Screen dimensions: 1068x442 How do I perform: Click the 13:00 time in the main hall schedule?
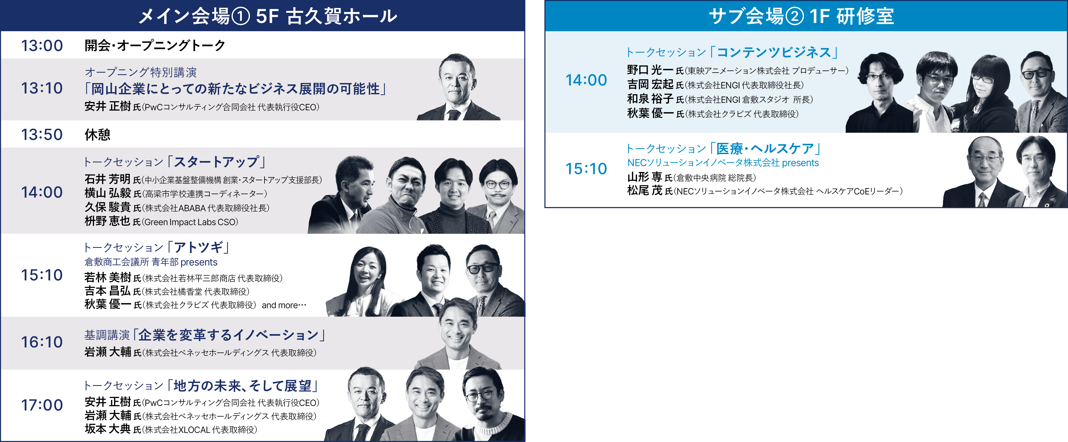42,45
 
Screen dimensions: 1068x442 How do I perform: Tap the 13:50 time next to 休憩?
42,134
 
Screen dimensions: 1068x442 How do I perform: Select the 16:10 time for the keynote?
42,342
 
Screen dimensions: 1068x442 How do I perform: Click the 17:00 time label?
42,405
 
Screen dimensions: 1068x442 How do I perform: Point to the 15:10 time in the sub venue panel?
586,169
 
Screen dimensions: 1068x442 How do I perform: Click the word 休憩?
97,134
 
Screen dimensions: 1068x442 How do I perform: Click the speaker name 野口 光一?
650,70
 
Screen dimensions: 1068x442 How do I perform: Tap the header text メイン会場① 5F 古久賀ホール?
267,16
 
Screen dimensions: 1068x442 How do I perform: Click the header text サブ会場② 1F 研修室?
801,16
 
